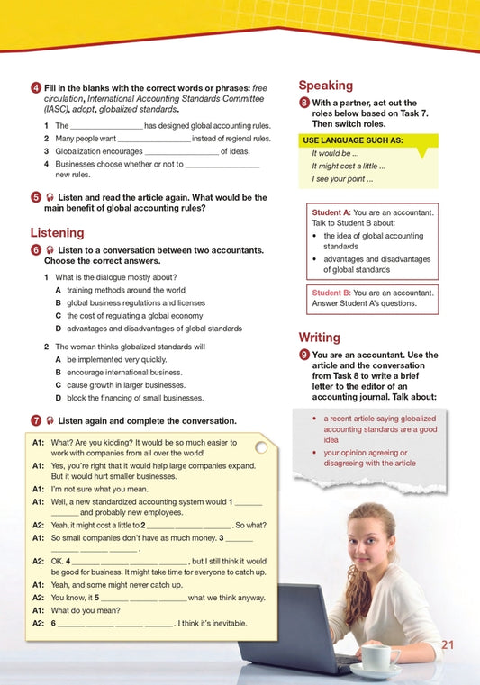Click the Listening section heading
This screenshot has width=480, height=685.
point(57,232)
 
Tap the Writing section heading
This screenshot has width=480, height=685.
point(319,337)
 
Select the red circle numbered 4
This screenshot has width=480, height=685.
point(34,86)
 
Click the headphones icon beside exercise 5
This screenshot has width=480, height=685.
point(49,196)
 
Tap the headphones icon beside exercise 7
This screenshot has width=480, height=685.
point(49,420)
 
